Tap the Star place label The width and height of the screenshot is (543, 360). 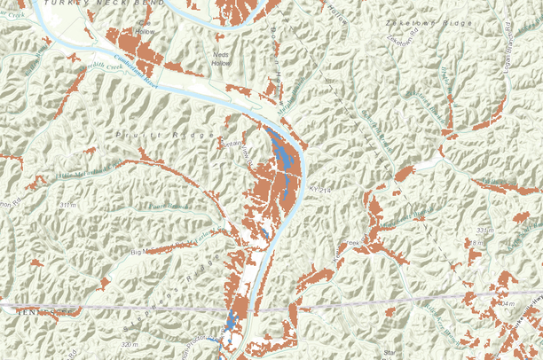[389, 352]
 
